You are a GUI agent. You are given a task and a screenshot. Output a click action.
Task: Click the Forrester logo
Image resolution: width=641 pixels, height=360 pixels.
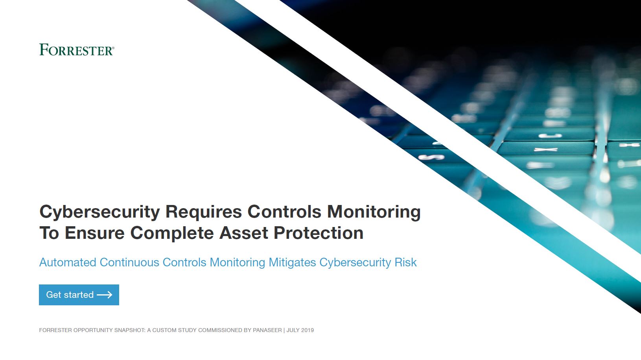(x=76, y=50)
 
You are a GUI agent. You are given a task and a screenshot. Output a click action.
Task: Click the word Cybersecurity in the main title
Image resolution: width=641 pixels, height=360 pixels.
(x=99, y=212)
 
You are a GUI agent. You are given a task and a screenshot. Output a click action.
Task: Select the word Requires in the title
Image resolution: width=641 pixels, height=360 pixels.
(x=203, y=212)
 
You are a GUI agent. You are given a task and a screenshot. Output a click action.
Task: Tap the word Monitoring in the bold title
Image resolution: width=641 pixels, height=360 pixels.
(x=374, y=212)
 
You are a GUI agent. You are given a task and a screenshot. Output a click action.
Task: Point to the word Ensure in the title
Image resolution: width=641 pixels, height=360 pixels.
(x=95, y=233)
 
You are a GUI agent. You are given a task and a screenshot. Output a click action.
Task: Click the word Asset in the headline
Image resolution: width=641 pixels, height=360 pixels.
(x=243, y=233)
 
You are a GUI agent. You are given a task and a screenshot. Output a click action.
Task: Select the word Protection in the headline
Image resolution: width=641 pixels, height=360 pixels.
(x=319, y=233)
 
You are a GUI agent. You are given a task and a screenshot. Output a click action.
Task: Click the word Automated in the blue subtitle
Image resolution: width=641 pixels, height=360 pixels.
(x=68, y=262)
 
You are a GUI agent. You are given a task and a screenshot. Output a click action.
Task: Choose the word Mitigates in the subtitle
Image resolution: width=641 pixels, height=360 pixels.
(x=292, y=262)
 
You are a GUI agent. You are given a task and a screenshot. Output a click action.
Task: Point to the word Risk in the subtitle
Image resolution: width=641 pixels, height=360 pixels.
(x=405, y=262)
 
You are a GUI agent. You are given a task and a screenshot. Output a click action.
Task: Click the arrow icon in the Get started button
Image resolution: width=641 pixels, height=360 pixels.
(x=105, y=295)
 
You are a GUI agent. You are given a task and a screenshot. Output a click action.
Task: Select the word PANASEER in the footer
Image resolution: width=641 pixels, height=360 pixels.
(x=267, y=330)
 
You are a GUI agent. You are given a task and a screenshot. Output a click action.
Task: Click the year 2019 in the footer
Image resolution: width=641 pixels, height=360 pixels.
(x=308, y=330)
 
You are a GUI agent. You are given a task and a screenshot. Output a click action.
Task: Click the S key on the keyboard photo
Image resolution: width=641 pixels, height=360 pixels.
(x=431, y=157)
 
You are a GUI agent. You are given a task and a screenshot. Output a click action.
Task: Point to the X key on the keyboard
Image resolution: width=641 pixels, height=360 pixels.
(x=546, y=150)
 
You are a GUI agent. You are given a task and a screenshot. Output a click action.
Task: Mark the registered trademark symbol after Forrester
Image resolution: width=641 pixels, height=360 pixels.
(x=113, y=48)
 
